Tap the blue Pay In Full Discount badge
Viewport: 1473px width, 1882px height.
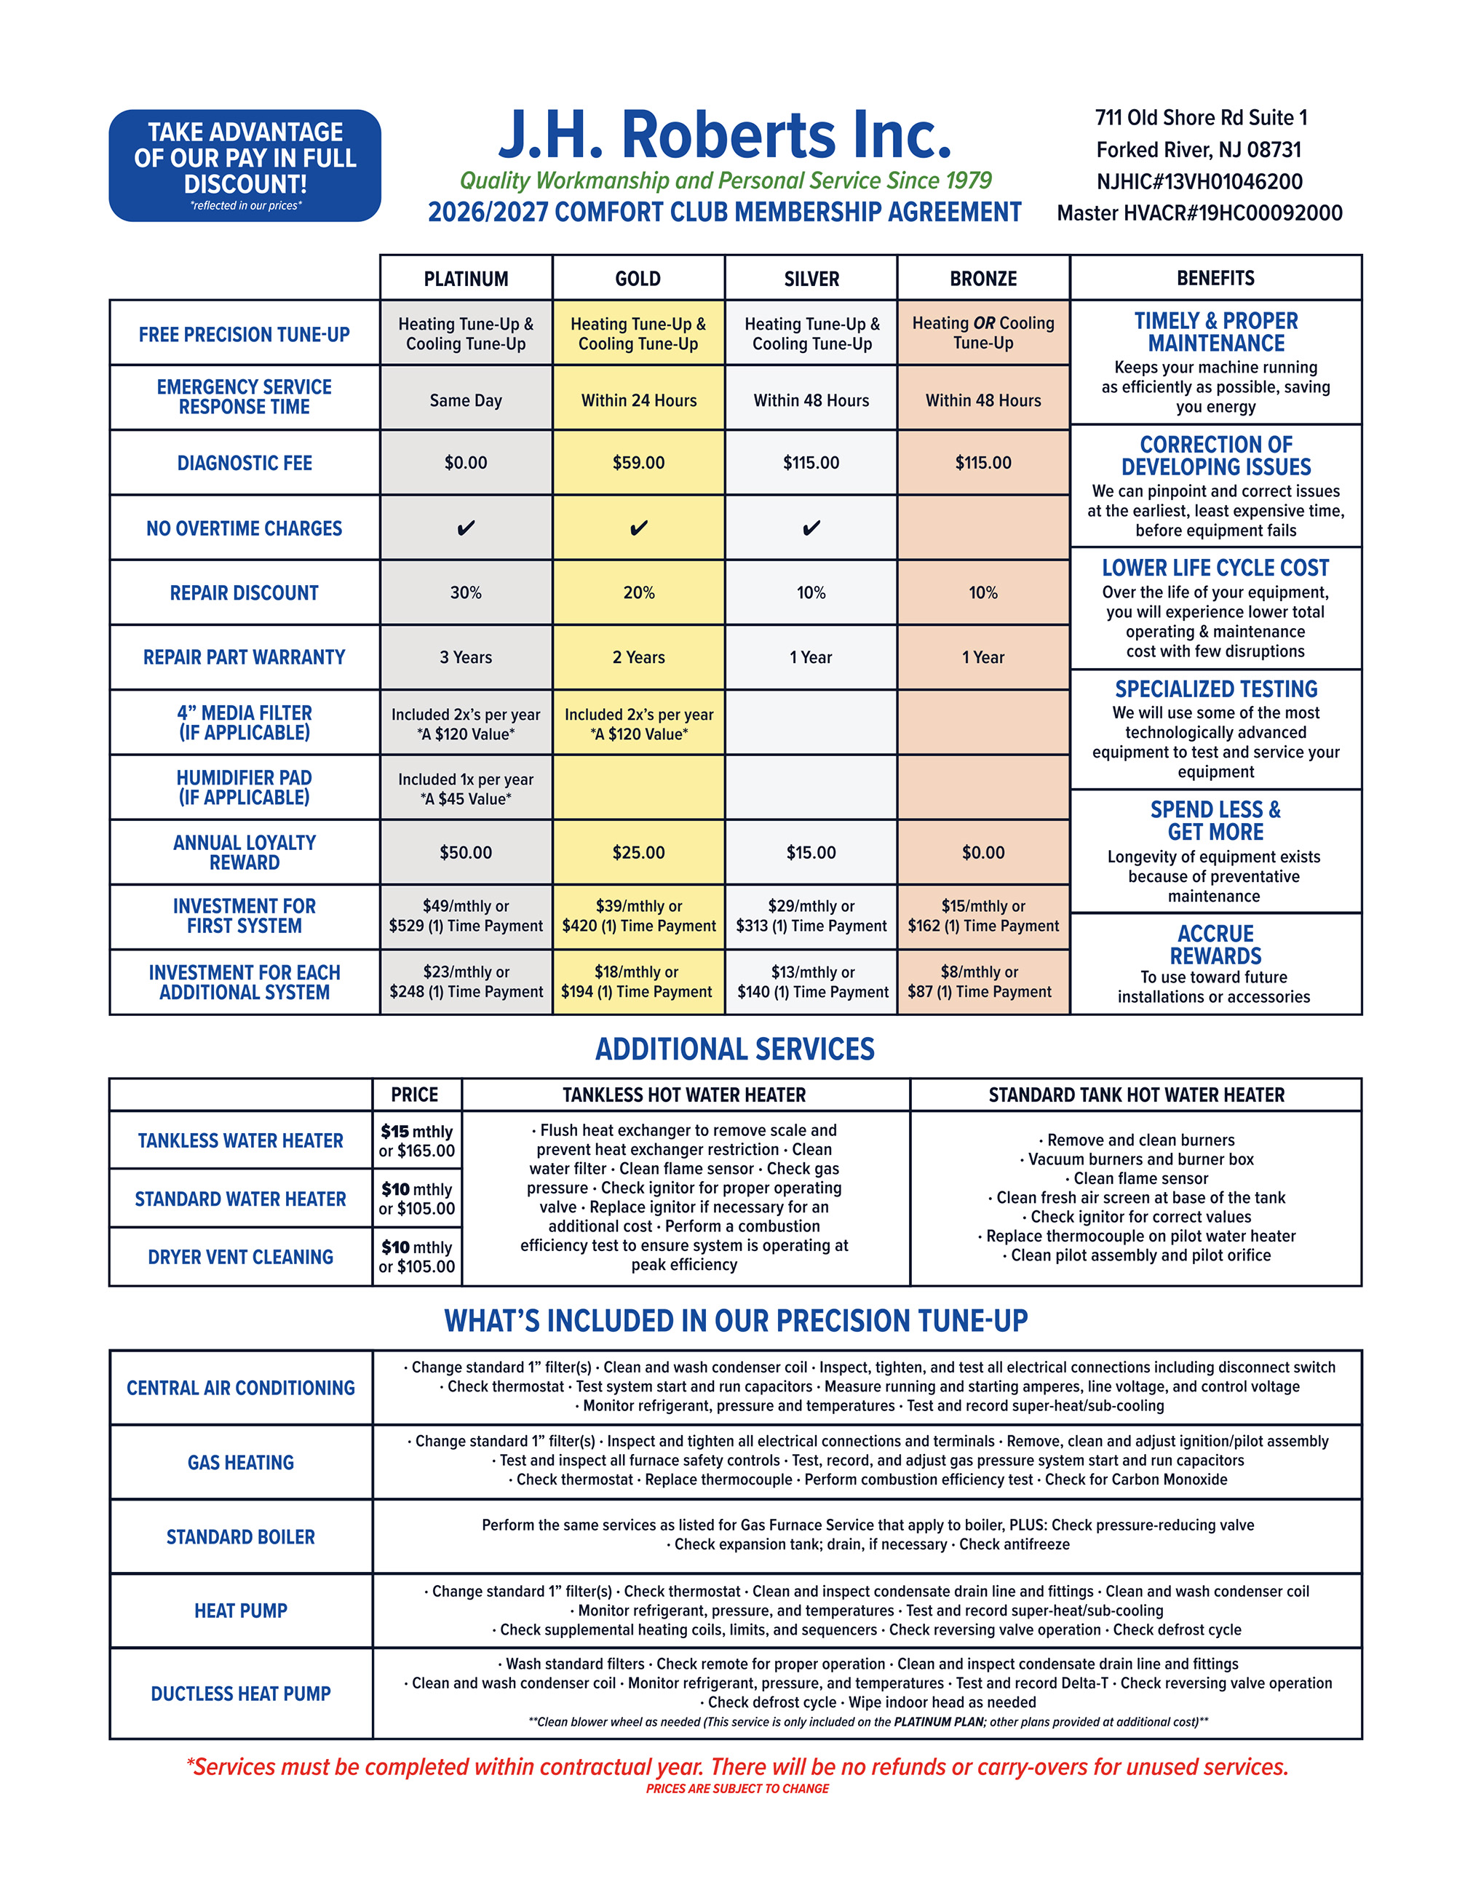245,166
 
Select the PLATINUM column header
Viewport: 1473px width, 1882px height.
466,279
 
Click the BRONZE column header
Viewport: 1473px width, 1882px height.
983,279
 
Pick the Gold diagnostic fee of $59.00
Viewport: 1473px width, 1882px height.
638,463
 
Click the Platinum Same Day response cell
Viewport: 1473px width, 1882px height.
466,400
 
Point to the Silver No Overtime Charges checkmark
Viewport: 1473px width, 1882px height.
811,528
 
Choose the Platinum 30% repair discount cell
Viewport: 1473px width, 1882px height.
466,592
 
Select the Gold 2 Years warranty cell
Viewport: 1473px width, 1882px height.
638,657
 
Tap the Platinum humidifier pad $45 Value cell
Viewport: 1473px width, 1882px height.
466,788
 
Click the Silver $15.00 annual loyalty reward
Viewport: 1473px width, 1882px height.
811,852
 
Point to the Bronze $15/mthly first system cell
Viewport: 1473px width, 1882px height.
983,916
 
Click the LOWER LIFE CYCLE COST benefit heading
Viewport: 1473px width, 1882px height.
1215,568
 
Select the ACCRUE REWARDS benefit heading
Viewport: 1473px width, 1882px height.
1215,945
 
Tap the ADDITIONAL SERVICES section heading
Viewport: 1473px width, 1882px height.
735,1049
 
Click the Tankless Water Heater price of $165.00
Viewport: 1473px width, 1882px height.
418,1151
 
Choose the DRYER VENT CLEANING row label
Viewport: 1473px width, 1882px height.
241,1257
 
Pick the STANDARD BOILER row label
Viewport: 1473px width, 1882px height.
241,1536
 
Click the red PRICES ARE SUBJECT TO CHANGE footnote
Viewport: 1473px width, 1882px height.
737,1789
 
